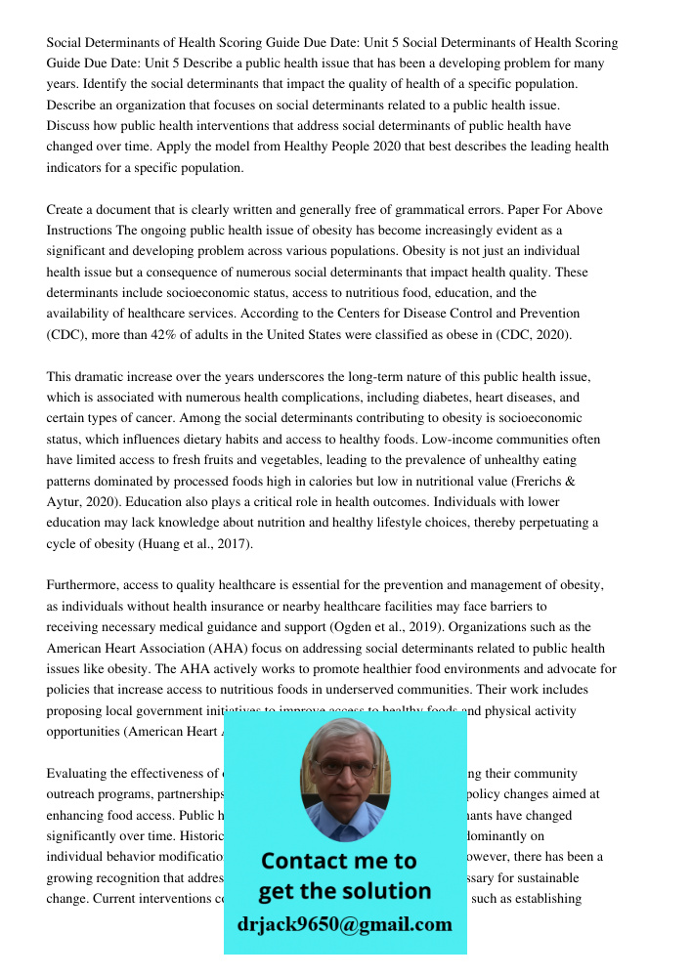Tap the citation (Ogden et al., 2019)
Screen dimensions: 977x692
380,627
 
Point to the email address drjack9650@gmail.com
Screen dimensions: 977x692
345,924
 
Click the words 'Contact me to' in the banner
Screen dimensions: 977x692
339,861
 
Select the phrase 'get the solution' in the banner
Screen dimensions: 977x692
344,891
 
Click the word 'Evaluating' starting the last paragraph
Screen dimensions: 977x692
78,773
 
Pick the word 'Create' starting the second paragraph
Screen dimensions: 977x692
66,209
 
